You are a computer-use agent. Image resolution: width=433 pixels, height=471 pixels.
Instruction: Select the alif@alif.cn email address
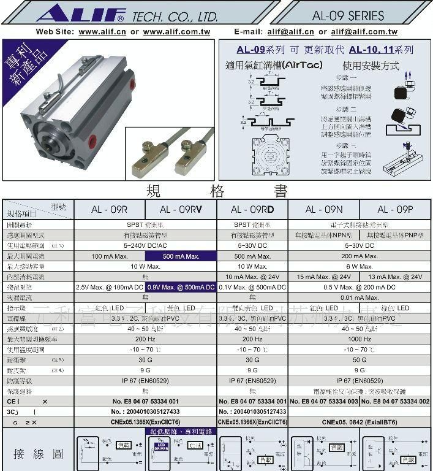pyautogui.click(x=290, y=32)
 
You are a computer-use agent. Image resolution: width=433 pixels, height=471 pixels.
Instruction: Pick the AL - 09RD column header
pyautogui.click(x=252, y=210)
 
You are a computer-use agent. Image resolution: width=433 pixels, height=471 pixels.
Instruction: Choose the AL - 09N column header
pyautogui.click(x=323, y=210)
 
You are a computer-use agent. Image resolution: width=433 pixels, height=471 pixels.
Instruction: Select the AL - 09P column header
pyautogui.click(x=396, y=210)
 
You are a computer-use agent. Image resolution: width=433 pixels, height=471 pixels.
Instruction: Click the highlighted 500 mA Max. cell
pyautogui.click(x=181, y=256)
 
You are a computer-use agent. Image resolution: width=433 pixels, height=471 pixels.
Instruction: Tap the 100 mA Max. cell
pyautogui.click(x=109, y=256)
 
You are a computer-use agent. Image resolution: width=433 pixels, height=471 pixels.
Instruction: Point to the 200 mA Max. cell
pyautogui.click(x=360, y=256)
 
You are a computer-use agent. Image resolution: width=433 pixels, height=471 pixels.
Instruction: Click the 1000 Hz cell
pyautogui.click(x=360, y=339)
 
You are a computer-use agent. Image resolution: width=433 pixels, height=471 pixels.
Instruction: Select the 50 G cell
pyautogui.click(x=360, y=360)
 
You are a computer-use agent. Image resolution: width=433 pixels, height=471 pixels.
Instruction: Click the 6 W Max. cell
pyautogui.click(x=360, y=267)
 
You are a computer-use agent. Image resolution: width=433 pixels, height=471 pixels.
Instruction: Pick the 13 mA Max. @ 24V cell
pyautogui.click(x=396, y=277)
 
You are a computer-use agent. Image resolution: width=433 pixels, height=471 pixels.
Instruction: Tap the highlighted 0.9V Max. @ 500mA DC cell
pyautogui.click(x=181, y=287)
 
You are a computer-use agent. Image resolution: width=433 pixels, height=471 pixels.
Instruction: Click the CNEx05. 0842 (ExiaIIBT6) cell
pyautogui.click(x=360, y=422)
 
